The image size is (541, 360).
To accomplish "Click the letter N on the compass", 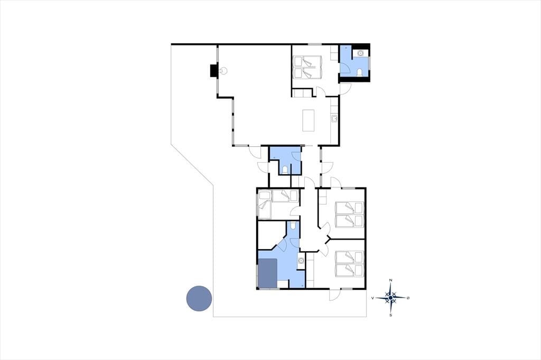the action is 390,280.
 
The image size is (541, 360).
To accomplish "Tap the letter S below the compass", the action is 390,315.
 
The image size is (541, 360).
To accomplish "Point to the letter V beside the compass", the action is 372,298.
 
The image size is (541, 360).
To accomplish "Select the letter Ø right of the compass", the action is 408,298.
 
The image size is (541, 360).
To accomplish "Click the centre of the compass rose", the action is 390,298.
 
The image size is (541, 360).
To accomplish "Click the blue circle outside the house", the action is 199,299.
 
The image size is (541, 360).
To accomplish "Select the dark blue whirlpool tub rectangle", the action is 268,273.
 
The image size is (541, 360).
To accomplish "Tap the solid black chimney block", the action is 214,71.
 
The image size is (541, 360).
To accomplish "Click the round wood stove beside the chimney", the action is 224,71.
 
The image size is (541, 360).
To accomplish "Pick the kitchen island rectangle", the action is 309,120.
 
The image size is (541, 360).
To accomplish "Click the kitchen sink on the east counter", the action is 334,119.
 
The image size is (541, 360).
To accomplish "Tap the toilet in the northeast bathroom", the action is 360,72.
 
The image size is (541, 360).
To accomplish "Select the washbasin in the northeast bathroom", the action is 360,53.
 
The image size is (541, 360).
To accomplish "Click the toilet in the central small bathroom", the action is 285,169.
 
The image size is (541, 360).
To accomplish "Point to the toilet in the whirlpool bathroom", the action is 293,225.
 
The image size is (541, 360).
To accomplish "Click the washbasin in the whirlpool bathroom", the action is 301,261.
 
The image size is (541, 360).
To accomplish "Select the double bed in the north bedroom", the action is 307,67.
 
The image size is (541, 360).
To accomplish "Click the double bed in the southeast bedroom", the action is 350,264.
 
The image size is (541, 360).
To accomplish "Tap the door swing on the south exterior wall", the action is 334,295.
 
